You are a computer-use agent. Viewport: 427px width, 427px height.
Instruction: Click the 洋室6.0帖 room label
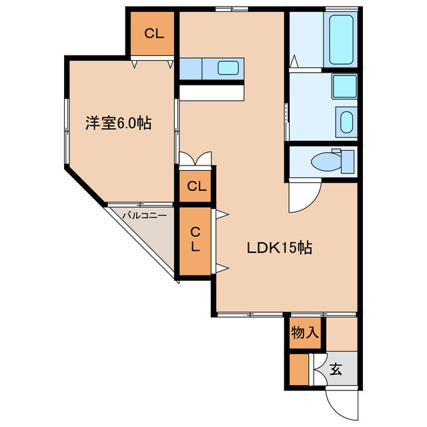(117, 123)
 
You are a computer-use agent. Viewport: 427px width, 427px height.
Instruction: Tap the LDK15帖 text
(280, 248)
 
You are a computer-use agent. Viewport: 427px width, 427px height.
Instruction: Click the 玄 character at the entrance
(336, 369)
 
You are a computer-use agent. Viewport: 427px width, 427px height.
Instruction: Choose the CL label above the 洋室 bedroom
(152, 34)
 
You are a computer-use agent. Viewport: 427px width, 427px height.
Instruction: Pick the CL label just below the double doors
(196, 186)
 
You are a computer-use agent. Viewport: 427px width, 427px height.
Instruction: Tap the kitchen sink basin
(229, 67)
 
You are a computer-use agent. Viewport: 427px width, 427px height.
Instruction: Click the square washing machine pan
(345, 86)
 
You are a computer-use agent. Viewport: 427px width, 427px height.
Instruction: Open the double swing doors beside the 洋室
(195, 159)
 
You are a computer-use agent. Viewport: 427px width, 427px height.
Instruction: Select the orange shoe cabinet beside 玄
(300, 370)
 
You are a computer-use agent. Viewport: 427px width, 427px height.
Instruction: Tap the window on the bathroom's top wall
(342, 9)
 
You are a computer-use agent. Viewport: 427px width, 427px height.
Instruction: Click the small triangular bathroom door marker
(294, 61)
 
